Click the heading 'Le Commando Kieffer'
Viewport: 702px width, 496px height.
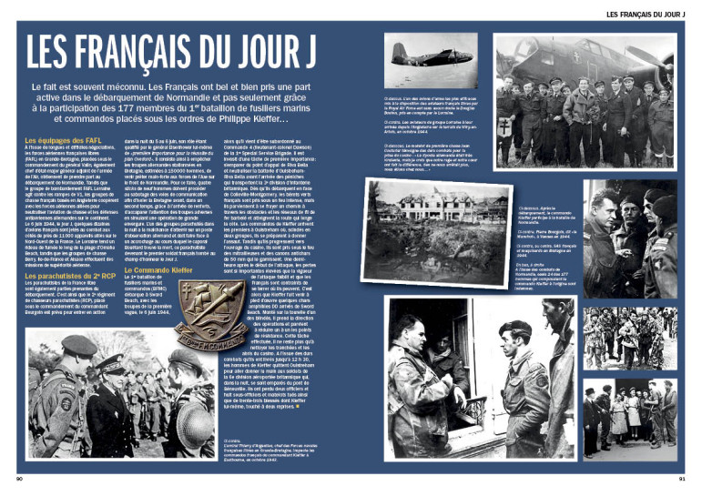155,270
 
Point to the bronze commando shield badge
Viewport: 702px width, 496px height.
210,310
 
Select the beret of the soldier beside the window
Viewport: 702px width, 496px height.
517,327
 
